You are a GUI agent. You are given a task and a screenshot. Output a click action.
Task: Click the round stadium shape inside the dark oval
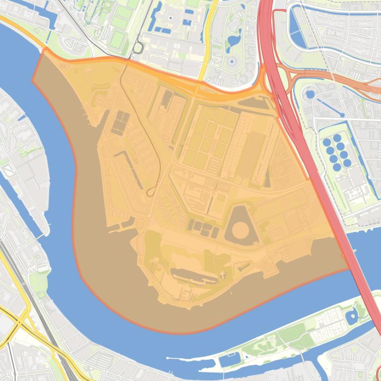point(241,230)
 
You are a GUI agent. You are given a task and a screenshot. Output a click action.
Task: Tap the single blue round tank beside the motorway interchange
point(310,94)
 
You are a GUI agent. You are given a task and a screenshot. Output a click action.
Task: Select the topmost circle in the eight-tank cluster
point(337,138)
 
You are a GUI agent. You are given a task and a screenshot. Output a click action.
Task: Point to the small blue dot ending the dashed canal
point(342,115)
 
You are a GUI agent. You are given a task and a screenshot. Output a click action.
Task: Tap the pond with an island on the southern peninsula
point(352,316)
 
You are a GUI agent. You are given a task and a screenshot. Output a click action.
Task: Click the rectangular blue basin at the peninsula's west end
point(229,360)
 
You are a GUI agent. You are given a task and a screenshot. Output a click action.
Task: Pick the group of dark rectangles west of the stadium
point(203,228)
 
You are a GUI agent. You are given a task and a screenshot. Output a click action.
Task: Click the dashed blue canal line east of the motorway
point(327,106)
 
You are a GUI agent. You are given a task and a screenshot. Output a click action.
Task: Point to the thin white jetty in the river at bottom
point(193,357)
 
